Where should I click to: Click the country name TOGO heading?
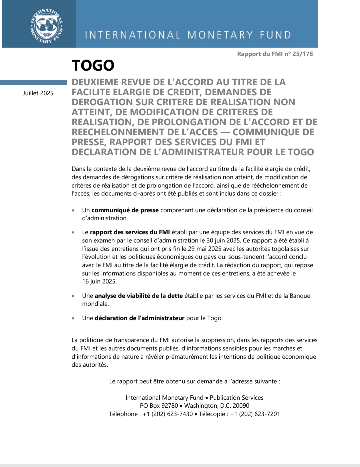tap(93, 65)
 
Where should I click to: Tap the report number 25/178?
tap(303, 54)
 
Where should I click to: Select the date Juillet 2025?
tap(38, 93)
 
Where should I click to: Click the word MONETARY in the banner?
tap(220, 35)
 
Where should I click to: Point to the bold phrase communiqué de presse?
tap(125, 210)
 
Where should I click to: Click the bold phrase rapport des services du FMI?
tap(130, 232)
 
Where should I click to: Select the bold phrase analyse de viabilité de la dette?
tap(139, 296)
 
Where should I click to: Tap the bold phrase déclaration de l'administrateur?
tap(139, 318)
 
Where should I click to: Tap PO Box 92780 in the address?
tap(159, 406)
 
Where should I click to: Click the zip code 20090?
tap(241, 406)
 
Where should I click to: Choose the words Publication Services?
tap(236, 398)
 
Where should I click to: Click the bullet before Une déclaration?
tap(73, 318)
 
